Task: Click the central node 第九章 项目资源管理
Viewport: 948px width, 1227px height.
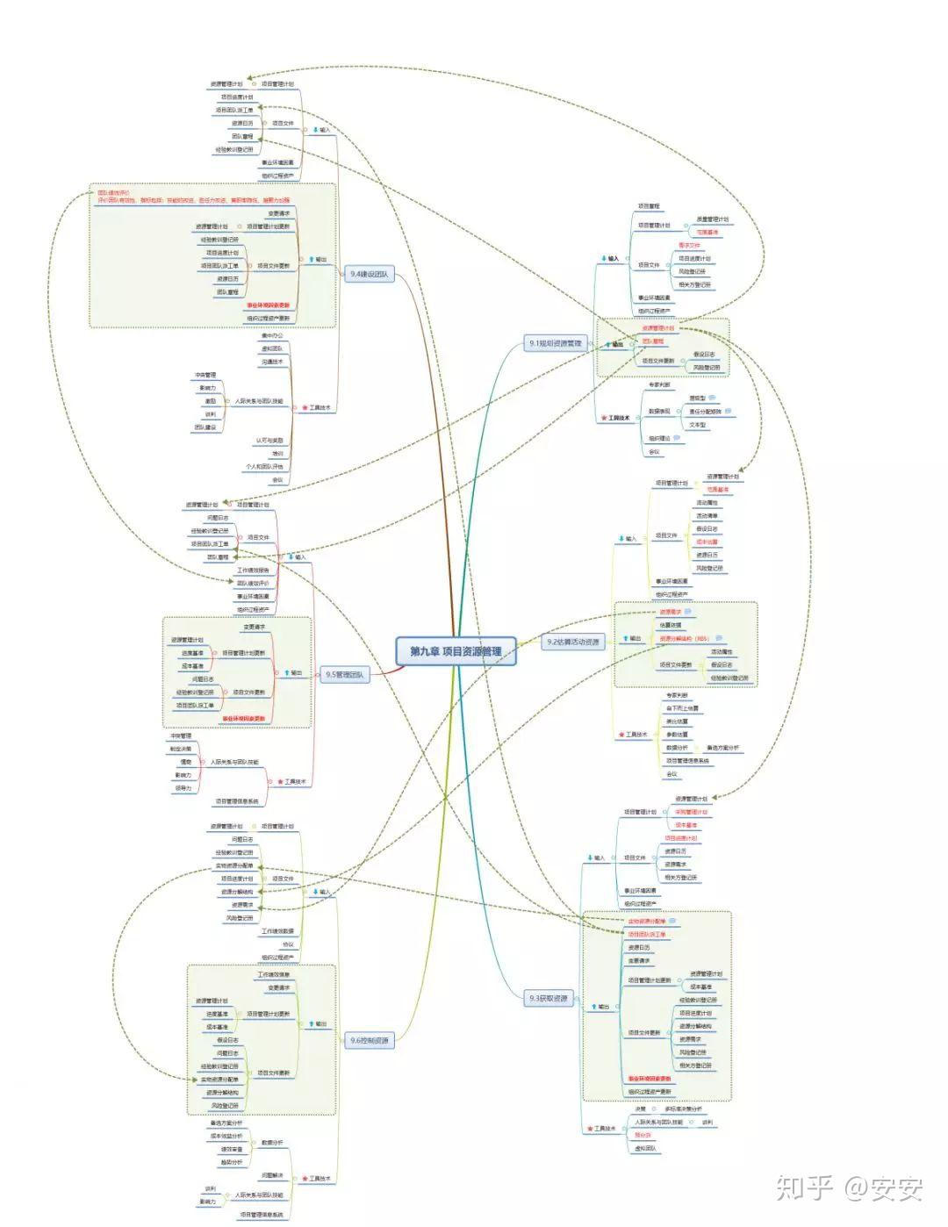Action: click(x=456, y=651)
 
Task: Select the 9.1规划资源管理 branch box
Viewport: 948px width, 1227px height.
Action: click(x=555, y=344)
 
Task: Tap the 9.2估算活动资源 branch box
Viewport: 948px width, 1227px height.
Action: click(x=573, y=642)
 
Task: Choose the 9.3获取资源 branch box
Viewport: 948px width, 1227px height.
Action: click(x=548, y=998)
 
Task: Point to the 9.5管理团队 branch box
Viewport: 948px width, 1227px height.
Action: click(x=344, y=675)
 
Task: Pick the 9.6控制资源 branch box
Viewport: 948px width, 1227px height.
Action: click(x=369, y=1041)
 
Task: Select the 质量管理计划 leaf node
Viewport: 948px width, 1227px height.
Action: click(x=712, y=219)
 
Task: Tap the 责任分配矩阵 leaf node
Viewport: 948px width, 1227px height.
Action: click(x=705, y=411)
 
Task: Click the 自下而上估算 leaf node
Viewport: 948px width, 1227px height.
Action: click(x=682, y=708)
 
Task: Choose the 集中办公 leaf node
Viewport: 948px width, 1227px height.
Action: click(x=272, y=336)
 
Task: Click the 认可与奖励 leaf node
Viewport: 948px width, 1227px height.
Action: click(x=269, y=441)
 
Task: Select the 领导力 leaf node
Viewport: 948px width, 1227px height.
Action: click(x=182, y=788)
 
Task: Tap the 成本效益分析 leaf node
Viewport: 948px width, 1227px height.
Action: click(x=226, y=1136)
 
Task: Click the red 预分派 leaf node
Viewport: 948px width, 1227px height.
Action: click(x=643, y=1135)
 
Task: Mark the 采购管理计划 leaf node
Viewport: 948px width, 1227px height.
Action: click(x=691, y=813)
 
